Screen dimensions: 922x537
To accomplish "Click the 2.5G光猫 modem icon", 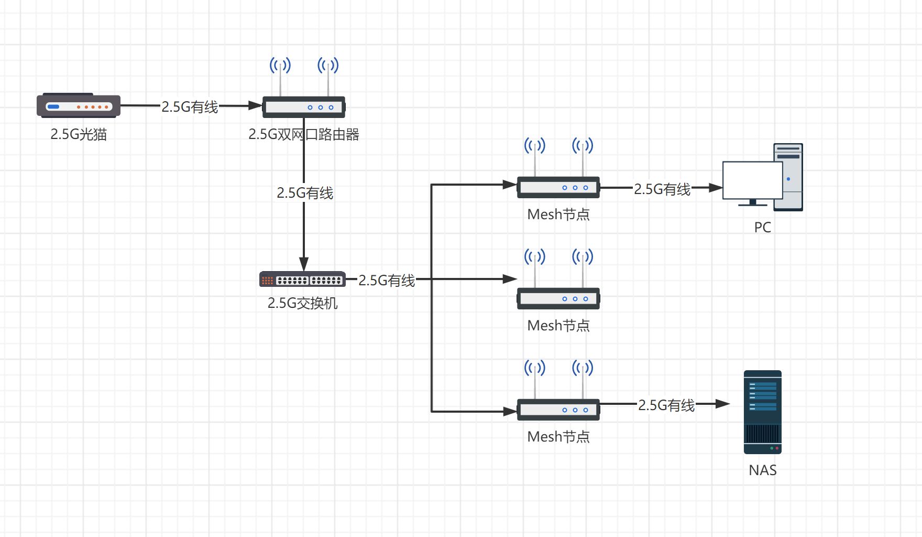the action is [79, 106].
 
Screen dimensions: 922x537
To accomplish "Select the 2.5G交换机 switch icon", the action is [302, 280].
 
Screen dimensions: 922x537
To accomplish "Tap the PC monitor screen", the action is [752, 180].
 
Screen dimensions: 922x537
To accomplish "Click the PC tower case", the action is [789, 177].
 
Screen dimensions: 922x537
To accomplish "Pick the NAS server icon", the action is [763, 412].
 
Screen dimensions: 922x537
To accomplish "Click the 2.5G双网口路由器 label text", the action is [304, 135].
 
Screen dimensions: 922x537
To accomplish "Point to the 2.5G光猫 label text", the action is [79, 135].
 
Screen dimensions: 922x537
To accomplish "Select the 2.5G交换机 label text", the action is [303, 303].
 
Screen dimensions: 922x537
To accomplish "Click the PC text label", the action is [763, 228].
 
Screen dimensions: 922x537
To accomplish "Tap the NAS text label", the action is [763, 470].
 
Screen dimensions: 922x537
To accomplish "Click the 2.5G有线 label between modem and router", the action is [190, 107].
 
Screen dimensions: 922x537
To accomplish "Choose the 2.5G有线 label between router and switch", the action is [305, 193].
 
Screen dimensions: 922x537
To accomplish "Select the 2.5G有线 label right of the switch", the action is [387, 281].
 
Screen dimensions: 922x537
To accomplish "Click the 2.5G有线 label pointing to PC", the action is [662, 189].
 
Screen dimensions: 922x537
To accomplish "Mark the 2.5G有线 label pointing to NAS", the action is [666, 405].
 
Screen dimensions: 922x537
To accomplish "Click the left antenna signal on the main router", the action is [280, 66].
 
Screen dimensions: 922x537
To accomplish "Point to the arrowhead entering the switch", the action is [304, 264].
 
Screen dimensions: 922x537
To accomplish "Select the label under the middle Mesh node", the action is [558, 326].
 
